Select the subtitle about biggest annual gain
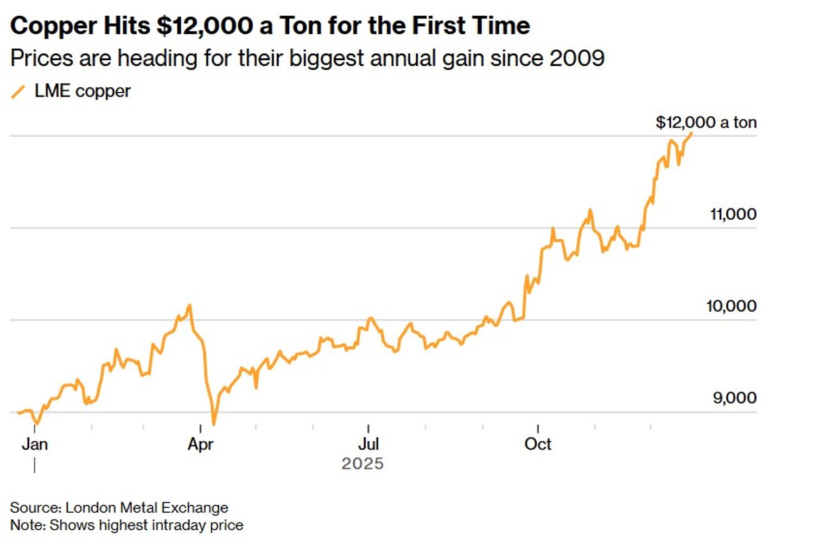click(x=307, y=58)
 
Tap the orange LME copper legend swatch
click(x=18, y=92)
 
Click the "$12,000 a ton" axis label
click(x=705, y=122)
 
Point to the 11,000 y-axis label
click(x=733, y=214)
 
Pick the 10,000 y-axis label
click(x=730, y=306)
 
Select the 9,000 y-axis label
click(x=734, y=398)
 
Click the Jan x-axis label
click(x=35, y=444)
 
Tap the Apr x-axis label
click(x=200, y=444)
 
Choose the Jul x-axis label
click(x=368, y=444)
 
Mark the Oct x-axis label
click(x=537, y=444)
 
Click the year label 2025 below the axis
click(x=362, y=463)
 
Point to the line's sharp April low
click(x=213, y=423)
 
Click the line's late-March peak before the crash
click(x=189, y=306)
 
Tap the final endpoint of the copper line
click(x=691, y=133)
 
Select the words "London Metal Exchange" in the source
click(x=147, y=507)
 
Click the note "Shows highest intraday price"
click(x=147, y=525)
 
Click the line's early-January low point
click(x=36, y=423)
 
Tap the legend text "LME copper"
click(x=82, y=91)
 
